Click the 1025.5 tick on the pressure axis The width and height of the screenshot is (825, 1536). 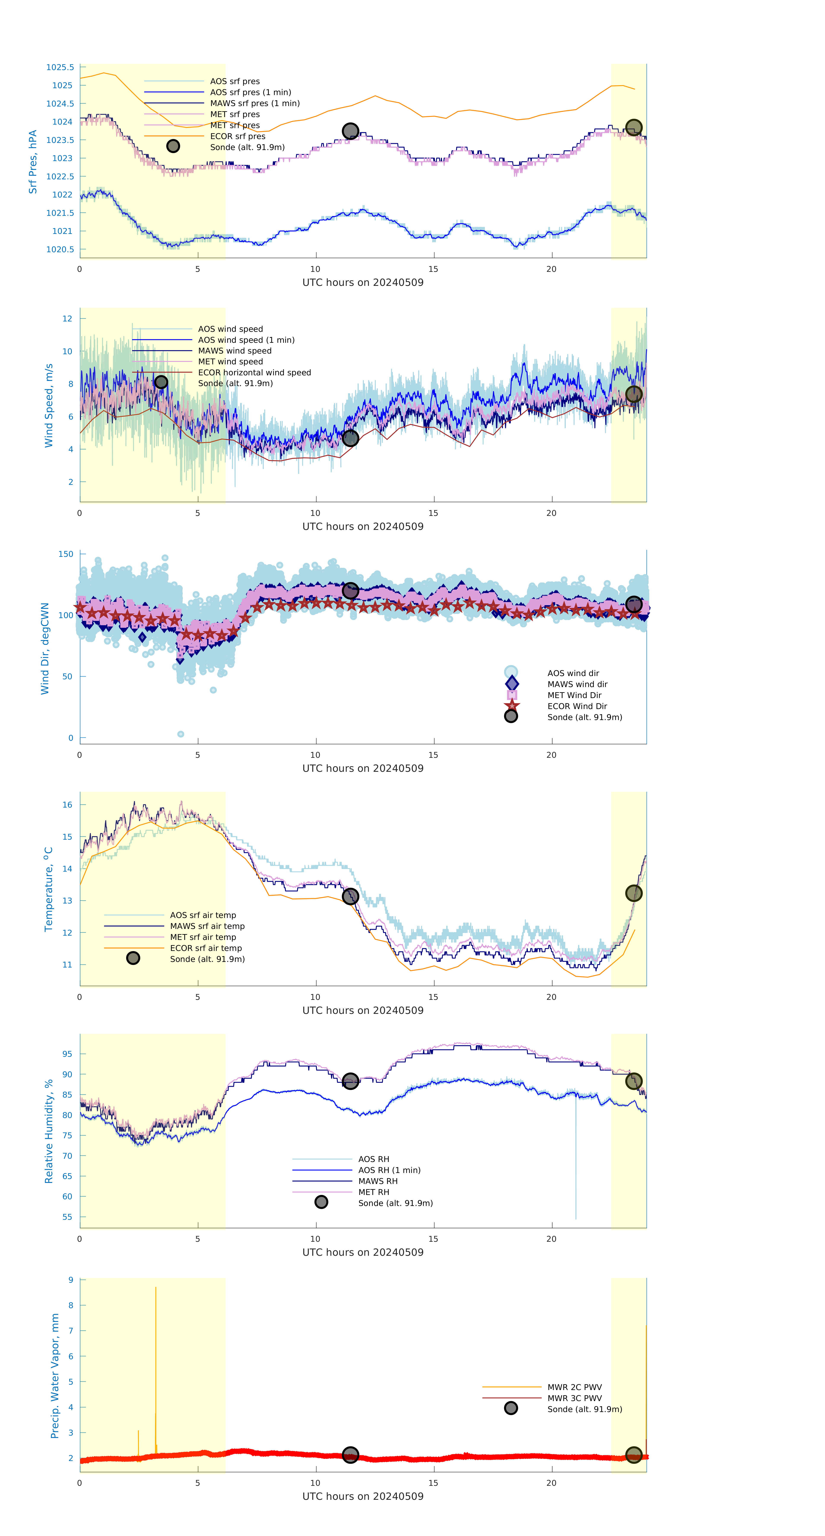click(60, 67)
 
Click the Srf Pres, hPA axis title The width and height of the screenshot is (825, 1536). click(33, 162)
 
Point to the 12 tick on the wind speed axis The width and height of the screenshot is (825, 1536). click(68, 318)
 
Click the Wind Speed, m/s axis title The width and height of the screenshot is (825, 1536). click(48, 406)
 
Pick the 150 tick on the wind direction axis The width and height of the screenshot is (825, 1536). click(66, 554)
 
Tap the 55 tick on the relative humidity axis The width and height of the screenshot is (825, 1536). click(68, 1217)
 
